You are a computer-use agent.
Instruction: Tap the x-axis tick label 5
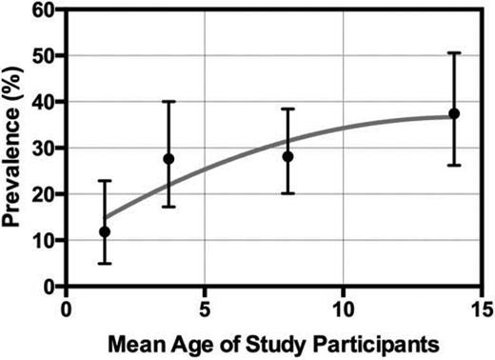click(x=205, y=309)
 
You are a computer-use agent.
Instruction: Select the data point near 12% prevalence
click(x=105, y=231)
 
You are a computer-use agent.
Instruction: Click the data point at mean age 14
click(x=454, y=113)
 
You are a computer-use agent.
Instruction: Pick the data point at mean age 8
click(x=287, y=156)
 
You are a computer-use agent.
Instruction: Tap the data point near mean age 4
click(x=169, y=159)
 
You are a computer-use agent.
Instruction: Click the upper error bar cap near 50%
click(x=454, y=53)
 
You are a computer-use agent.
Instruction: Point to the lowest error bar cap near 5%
click(x=105, y=263)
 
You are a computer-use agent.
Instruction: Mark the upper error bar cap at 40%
click(x=169, y=102)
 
